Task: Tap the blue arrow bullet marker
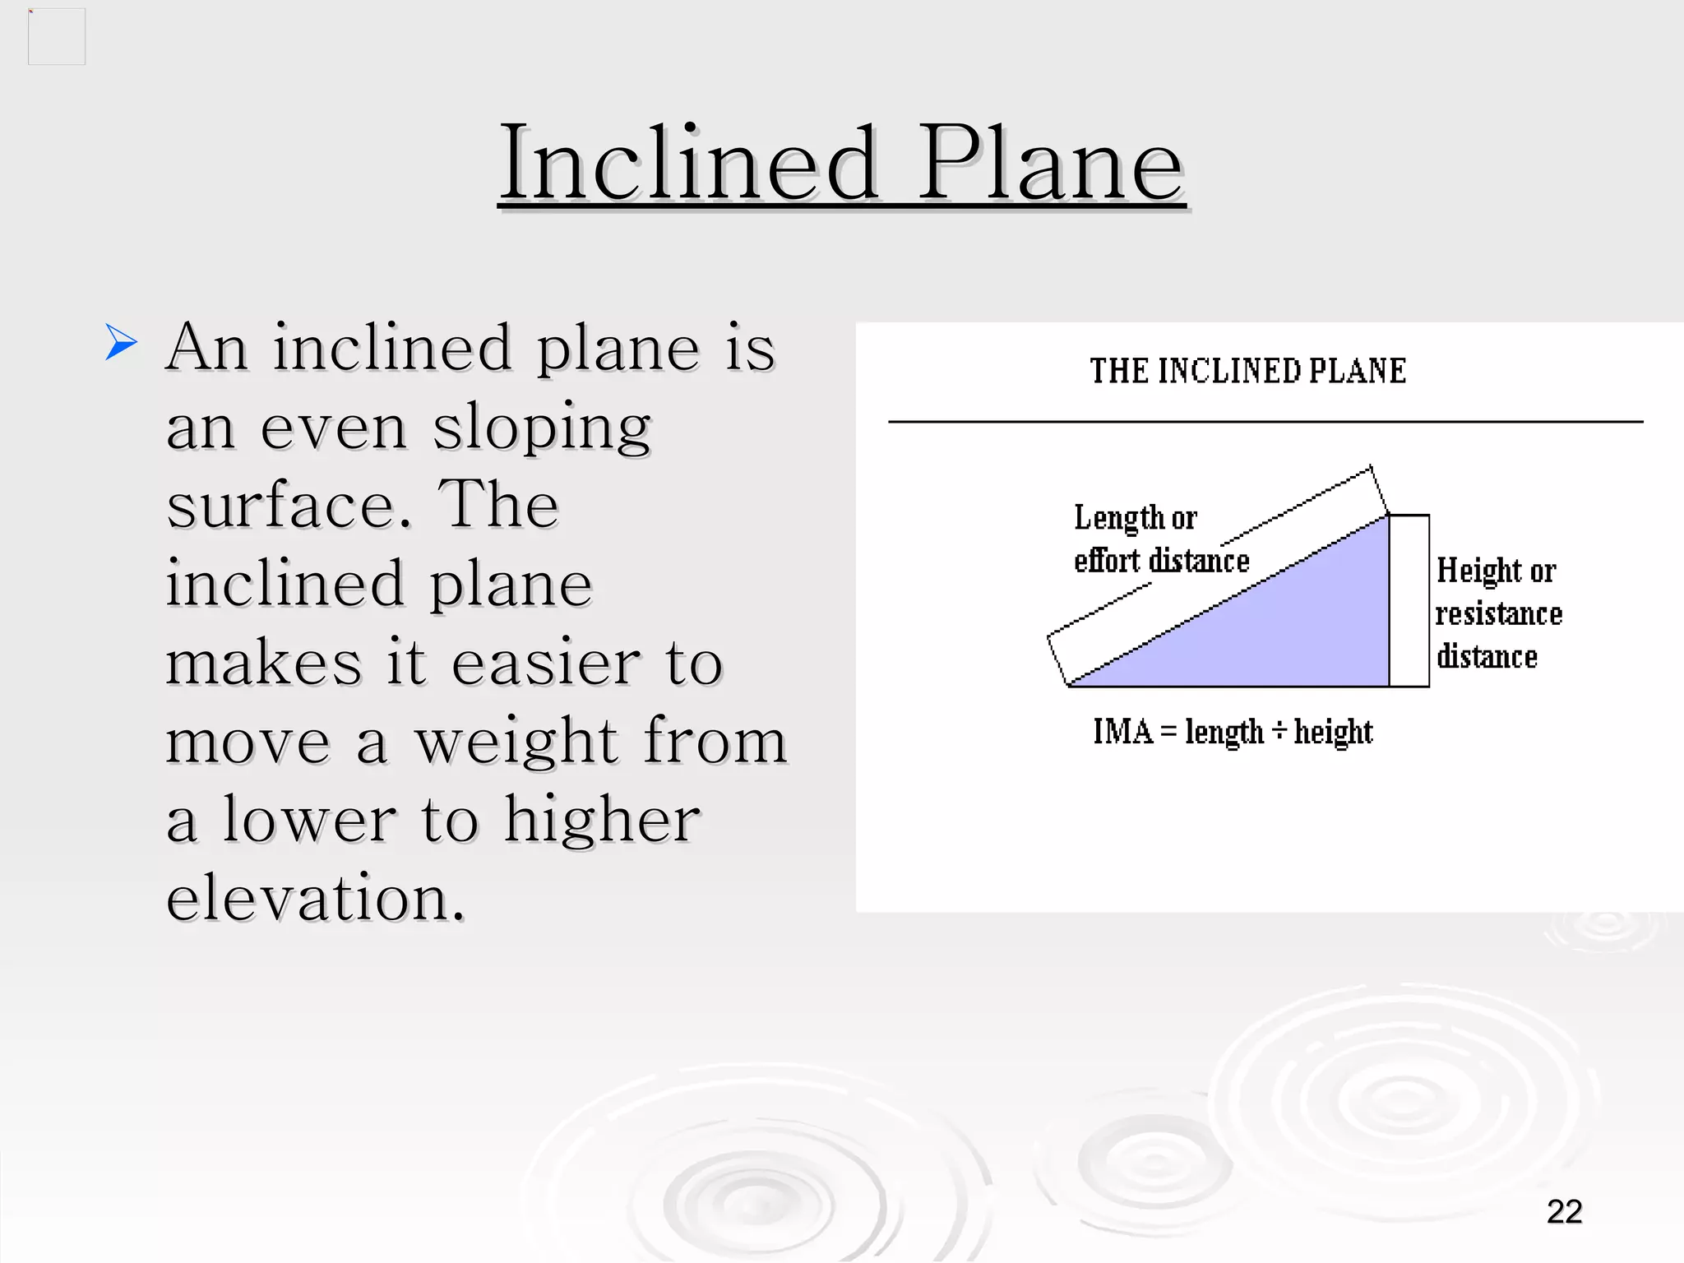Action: tap(121, 342)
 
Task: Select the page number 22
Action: tap(1564, 1211)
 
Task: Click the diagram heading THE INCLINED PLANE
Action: tap(1247, 371)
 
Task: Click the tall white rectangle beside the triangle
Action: tap(1409, 600)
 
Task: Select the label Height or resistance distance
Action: tap(1497, 613)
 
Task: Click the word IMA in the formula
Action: tap(1122, 731)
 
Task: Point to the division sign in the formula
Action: tap(1279, 730)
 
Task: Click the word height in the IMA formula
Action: tap(1333, 732)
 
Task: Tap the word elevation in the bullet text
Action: tap(315, 898)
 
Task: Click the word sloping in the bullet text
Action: tap(542, 428)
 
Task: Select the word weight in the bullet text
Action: tap(516, 742)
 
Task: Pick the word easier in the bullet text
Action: tap(545, 663)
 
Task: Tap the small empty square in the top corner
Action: tap(57, 37)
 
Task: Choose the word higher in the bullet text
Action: tap(601, 821)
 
